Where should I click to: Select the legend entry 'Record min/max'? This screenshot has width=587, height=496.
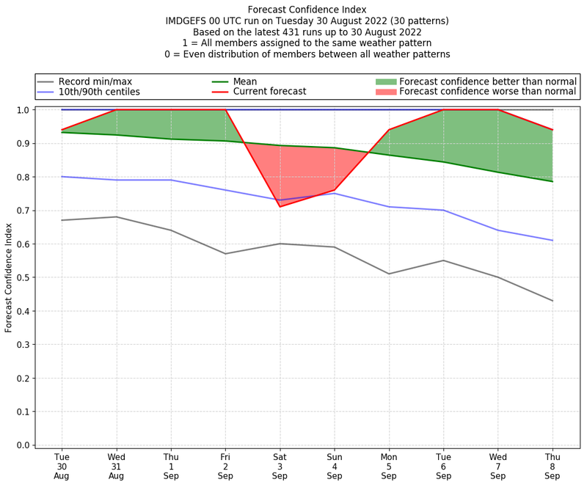pos(95,81)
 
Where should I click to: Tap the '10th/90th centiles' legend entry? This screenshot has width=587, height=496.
pos(99,92)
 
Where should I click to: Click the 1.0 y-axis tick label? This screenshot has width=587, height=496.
pos(23,110)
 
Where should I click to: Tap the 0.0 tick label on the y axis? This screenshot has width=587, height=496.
pos(23,445)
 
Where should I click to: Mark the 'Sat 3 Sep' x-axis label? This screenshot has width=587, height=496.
pos(280,466)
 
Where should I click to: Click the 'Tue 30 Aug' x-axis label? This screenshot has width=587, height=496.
pos(62,466)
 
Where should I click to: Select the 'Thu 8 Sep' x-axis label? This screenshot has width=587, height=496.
pos(553,466)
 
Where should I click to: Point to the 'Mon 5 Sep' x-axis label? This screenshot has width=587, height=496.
pos(389,466)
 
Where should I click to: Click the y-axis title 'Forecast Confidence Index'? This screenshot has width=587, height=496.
pos(9,277)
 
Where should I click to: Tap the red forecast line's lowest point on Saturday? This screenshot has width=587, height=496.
pos(280,206)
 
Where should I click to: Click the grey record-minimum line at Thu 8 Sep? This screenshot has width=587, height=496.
pos(553,301)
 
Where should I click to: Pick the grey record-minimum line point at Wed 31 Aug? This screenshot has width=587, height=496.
pos(116,216)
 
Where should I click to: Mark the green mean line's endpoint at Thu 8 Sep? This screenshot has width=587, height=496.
pos(553,181)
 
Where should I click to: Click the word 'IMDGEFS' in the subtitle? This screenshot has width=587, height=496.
pos(188,21)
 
